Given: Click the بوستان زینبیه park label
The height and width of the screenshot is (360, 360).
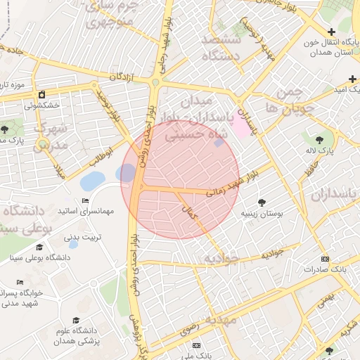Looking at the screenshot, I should [x=262, y=212].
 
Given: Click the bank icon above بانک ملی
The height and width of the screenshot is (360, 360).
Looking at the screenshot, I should [x=196, y=346].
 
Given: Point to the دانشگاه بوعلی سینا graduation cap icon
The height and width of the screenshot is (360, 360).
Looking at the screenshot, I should [x=39, y=247].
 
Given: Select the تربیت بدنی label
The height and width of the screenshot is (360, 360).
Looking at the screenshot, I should [x=83, y=237].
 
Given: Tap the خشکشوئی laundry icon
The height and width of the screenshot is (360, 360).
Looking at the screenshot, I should [x=41, y=94].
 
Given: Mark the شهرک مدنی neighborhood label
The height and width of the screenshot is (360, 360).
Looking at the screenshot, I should [x=49, y=136].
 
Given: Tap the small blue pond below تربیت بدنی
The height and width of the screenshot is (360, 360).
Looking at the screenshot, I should [x=73, y=244].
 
